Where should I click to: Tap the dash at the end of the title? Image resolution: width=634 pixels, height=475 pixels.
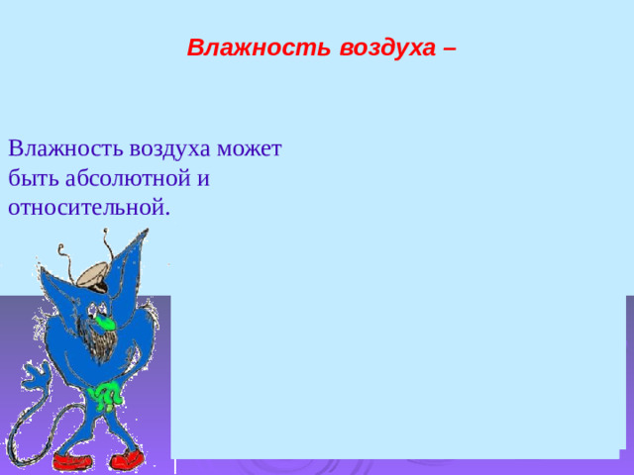pyautogui.click(x=451, y=47)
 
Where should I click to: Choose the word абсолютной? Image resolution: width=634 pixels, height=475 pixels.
pyautogui.click(x=126, y=179)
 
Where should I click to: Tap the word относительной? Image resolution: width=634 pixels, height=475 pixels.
pyautogui.click(x=88, y=208)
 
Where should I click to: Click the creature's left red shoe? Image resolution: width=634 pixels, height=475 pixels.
pyautogui.click(x=71, y=462)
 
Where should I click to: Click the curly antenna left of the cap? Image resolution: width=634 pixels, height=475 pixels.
pyautogui.click(x=66, y=257)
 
